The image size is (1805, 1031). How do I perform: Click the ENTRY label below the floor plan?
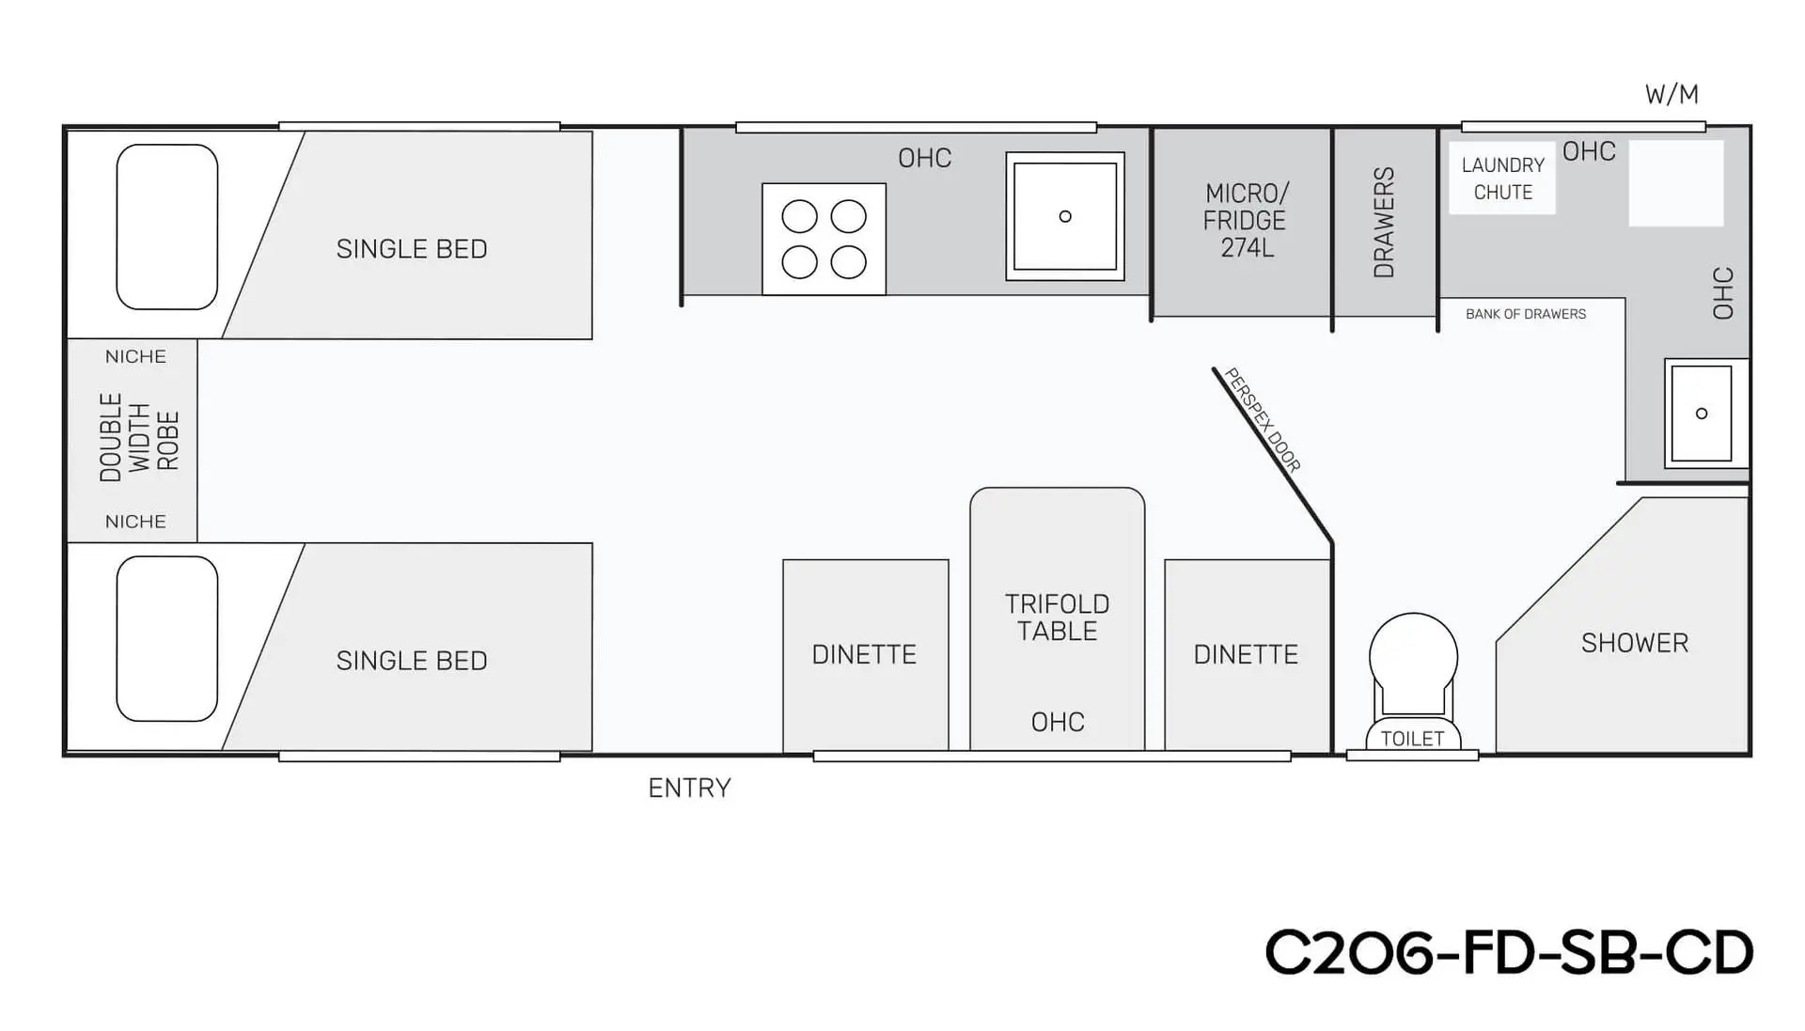(x=689, y=788)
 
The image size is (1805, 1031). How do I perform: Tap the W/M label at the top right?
(x=1672, y=94)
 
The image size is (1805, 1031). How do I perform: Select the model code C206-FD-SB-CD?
(x=1509, y=952)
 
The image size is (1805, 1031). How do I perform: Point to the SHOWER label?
(x=1635, y=643)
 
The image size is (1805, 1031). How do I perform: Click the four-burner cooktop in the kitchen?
(x=824, y=239)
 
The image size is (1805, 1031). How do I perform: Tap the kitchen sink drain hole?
(x=1065, y=216)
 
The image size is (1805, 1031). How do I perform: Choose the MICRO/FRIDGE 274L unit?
(x=1242, y=222)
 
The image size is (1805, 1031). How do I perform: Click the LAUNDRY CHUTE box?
(x=1502, y=179)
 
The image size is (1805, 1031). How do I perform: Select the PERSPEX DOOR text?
(x=1263, y=419)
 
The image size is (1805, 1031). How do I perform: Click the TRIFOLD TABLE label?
(x=1058, y=617)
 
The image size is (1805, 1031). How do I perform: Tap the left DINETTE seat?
(x=866, y=655)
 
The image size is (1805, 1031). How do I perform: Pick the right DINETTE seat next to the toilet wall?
(x=1248, y=655)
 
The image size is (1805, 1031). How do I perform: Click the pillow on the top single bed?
(x=167, y=227)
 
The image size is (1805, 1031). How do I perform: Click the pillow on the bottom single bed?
(x=167, y=639)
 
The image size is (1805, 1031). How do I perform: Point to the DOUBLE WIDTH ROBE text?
(x=139, y=438)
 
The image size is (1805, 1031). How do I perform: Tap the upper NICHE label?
(x=135, y=356)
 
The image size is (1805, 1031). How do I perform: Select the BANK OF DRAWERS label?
(x=1526, y=314)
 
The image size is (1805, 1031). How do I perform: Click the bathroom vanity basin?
(x=1702, y=414)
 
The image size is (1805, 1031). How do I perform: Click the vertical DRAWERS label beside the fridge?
(x=1384, y=223)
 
